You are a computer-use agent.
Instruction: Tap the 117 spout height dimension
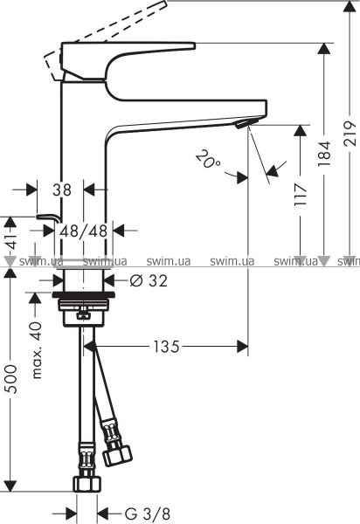pos(301,194)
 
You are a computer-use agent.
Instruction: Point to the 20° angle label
pos(208,159)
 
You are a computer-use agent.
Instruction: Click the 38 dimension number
pos(62,190)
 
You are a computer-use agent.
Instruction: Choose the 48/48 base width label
pos(84,231)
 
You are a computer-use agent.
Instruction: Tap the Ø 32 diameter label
pos(149,280)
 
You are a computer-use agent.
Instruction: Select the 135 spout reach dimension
pos(167,347)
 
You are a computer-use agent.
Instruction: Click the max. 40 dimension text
pos(37,350)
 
